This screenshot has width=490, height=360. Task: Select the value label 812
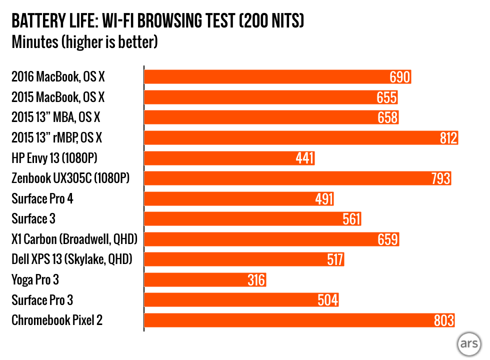click(x=448, y=138)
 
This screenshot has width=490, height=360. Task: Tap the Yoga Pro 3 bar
click(x=205, y=280)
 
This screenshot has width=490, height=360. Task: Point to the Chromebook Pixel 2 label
click(x=57, y=320)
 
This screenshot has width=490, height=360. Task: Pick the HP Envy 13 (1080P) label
click(x=54, y=158)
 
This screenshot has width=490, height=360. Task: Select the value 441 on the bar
click(x=304, y=158)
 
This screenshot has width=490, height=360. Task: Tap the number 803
click(x=444, y=320)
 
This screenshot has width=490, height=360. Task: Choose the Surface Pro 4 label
click(x=42, y=198)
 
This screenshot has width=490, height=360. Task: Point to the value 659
click(x=388, y=239)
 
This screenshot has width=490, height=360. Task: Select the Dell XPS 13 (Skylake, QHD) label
click(x=74, y=259)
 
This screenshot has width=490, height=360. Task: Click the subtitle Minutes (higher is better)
click(x=84, y=42)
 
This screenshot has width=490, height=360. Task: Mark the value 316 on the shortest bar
click(x=256, y=280)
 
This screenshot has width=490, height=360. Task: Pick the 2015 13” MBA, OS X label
click(x=56, y=117)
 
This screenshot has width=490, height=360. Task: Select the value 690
click(x=400, y=77)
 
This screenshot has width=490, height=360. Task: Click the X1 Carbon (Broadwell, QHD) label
click(x=74, y=239)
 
